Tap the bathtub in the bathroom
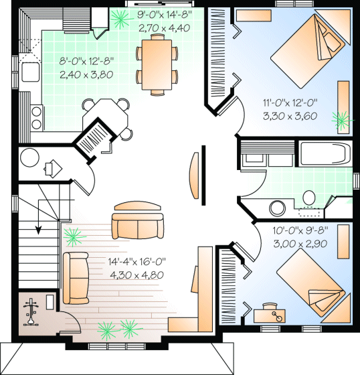coord(325,155)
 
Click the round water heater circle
coord(31,159)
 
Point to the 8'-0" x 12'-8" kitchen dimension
coord(86,61)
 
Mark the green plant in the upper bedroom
coord(342,121)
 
